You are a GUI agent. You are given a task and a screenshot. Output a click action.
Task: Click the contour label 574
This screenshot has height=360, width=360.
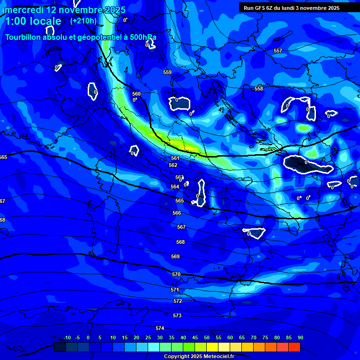point(160,328)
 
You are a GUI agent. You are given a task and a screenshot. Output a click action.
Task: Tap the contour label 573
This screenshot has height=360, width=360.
point(177,315)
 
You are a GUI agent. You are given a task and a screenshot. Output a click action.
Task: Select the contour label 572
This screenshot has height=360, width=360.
point(178,301)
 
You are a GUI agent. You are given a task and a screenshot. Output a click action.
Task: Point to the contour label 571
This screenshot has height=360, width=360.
point(175,290)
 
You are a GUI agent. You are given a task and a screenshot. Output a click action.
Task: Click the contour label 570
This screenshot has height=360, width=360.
point(176,274)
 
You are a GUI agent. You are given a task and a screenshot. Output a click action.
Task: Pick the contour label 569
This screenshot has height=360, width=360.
point(175,256)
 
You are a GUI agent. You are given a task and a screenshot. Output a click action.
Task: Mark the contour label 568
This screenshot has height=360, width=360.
point(180,242)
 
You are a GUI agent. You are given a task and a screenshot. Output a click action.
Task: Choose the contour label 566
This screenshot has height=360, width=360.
point(177,213)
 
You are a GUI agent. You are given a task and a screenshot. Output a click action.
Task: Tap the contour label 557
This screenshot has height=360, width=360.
point(278,51)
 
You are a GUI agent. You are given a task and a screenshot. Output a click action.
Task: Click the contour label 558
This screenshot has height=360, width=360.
point(259,89)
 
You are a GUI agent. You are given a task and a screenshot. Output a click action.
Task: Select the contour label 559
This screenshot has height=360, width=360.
point(167,72)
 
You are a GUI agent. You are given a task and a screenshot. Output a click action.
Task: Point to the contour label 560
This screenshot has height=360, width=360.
point(136,94)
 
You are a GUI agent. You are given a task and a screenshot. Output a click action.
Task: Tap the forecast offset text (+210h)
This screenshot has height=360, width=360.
point(83,21)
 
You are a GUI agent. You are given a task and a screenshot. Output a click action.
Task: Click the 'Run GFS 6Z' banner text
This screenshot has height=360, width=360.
point(259,8)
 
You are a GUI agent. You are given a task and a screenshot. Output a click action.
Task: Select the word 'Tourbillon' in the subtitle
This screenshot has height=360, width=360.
point(25,37)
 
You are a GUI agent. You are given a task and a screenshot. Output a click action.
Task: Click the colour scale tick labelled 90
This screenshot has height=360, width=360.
point(300,337)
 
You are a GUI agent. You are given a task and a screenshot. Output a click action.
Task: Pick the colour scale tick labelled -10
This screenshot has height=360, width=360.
point(67,337)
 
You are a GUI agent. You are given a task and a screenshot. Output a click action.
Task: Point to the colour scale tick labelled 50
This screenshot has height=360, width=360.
point(207,337)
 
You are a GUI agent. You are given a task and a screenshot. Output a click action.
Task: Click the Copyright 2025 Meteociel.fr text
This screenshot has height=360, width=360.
point(199,356)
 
